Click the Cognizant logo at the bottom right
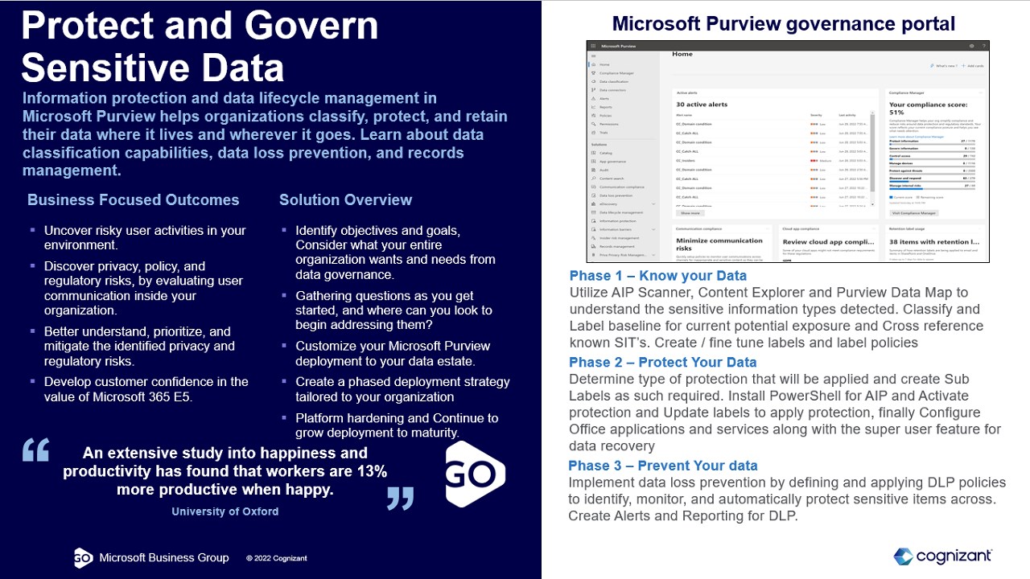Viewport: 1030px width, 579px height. [x=942, y=556]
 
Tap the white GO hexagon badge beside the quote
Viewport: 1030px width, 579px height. [x=475, y=474]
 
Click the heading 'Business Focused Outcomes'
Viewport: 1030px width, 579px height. [x=134, y=200]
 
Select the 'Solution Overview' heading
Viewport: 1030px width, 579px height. [x=345, y=200]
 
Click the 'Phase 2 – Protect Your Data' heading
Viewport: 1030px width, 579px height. [x=663, y=362]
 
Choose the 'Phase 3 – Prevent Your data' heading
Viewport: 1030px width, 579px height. [x=663, y=466]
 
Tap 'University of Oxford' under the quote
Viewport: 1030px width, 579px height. [x=225, y=511]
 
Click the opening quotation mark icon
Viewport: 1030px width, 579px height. [x=36, y=450]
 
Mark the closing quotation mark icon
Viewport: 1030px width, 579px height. [x=400, y=497]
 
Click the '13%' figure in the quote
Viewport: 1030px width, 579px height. [x=371, y=471]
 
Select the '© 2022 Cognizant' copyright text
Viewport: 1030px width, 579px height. [x=276, y=558]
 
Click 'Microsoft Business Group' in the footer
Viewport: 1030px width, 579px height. [x=163, y=558]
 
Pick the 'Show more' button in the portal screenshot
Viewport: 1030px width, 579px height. [x=690, y=213]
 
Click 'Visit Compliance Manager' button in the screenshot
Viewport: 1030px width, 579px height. [x=914, y=213]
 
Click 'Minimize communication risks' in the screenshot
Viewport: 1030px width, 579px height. [x=719, y=244]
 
